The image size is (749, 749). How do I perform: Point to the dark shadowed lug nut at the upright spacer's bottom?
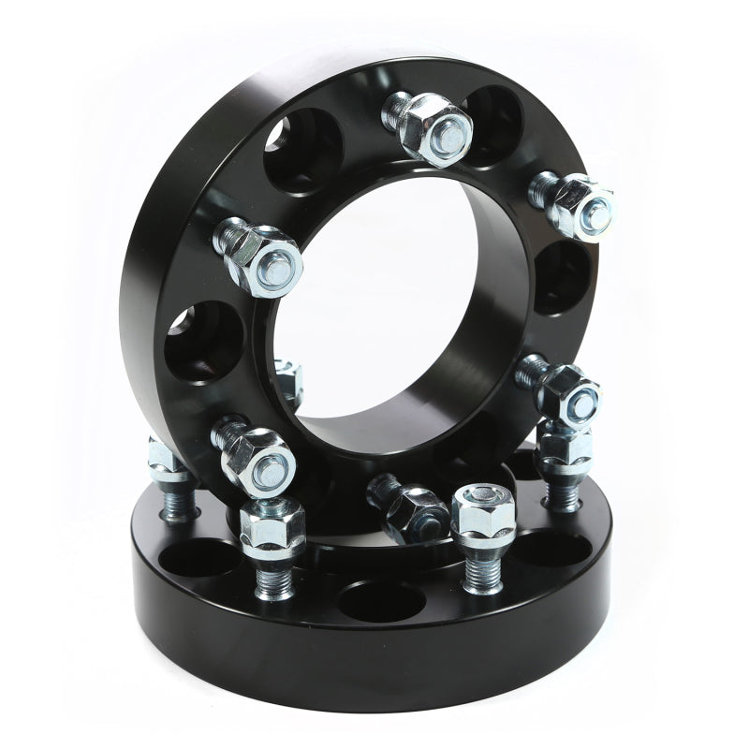tap(409, 507)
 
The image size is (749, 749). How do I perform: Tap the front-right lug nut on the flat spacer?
tap(482, 514)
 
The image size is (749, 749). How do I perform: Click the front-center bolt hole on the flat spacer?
tap(384, 599)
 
